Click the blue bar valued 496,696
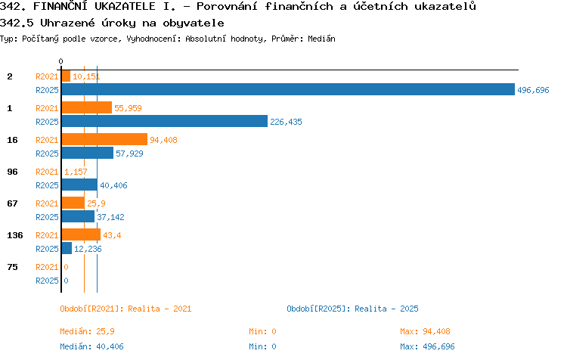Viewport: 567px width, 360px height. tap(288, 89)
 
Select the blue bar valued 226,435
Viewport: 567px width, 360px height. tap(165, 121)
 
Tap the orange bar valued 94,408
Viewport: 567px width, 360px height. tap(104, 139)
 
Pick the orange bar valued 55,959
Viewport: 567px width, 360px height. tap(87, 107)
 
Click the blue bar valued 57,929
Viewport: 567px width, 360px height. tap(88, 153)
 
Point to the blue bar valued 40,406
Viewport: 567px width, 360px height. tap(79, 185)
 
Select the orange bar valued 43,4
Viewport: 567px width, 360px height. tap(81, 234)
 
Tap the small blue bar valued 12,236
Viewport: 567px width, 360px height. tap(67, 248)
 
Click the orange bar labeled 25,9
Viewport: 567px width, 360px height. tap(73, 203)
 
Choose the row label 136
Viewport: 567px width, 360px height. tap(15, 235)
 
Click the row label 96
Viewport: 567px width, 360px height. tap(12, 172)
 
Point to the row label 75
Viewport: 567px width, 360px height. tap(12, 267)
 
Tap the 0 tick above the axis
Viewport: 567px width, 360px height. tap(60, 61)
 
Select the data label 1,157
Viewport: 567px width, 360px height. tap(76, 172)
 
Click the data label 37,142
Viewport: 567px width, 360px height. tap(110, 217)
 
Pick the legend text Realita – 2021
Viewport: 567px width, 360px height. tap(160, 309)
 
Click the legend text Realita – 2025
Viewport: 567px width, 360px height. tap(386, 309)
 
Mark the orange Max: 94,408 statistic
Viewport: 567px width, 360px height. tap(425, 331)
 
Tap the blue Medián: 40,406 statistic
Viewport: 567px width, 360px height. tap(91, 346)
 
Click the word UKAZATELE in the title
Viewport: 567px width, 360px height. tap(125, 6)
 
